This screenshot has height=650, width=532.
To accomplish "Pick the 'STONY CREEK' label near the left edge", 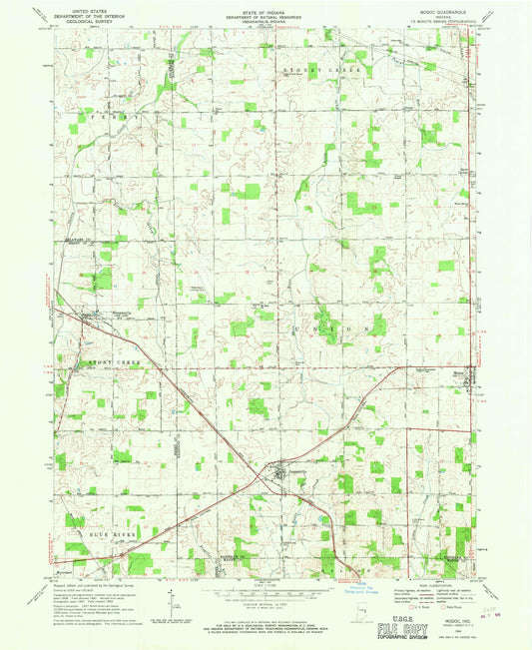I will pyautogui.click(x=107, y=359).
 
